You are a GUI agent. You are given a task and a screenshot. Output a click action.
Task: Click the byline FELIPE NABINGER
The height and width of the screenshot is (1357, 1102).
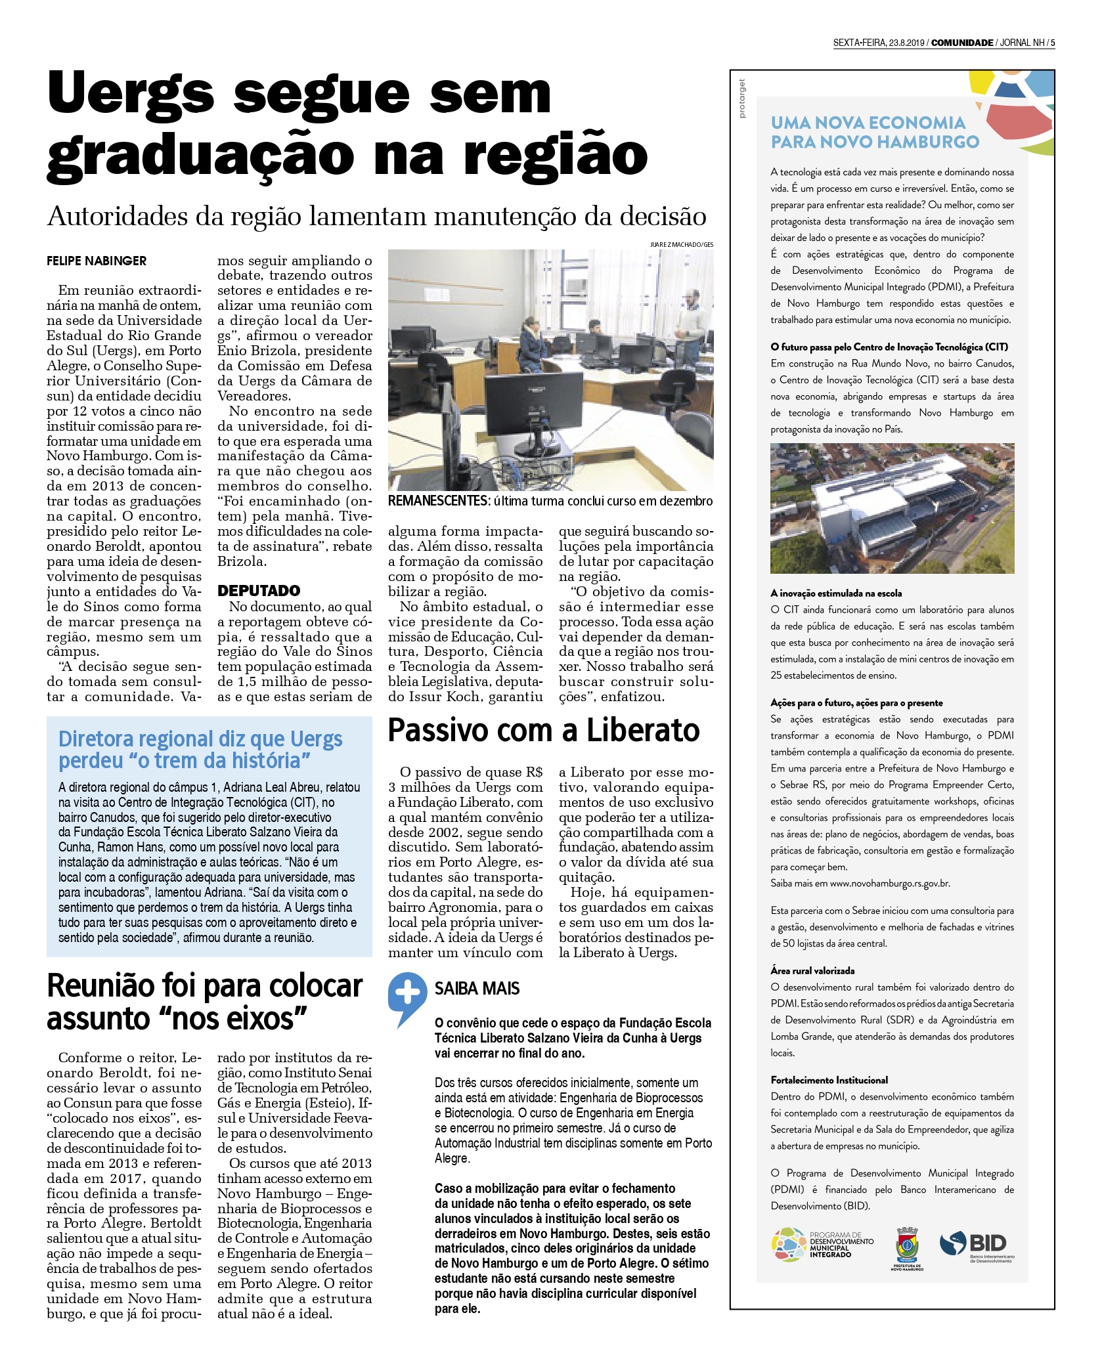97,261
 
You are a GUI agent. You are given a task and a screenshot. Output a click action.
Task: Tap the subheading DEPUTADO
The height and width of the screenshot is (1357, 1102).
259,590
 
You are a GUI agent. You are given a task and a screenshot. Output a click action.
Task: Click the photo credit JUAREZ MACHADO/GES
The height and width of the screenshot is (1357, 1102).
681,244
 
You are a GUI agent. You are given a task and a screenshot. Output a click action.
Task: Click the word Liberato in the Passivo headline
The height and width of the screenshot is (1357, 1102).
643,730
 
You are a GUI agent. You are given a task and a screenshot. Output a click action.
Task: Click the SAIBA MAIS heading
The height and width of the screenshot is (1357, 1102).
477,988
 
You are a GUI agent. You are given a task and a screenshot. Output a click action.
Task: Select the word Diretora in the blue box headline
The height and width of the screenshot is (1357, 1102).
96,739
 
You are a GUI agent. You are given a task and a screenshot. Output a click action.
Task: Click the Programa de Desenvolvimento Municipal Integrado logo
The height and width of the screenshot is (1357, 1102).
822,1244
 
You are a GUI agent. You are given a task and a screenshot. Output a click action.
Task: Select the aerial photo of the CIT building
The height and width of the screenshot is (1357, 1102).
892,508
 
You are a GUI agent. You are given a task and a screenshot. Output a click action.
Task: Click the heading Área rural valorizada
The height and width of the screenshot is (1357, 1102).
812,970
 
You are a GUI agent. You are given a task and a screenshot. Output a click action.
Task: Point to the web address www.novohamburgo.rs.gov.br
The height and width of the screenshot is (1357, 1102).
890,883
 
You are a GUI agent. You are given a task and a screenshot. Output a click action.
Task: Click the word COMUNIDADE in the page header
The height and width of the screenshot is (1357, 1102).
961,43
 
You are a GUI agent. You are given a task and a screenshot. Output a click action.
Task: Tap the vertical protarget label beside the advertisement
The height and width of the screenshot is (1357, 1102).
742,98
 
